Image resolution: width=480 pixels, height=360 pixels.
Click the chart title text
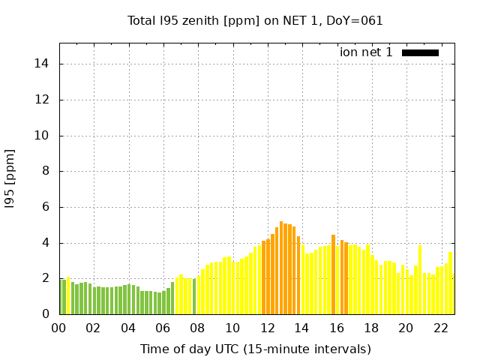point(255,20)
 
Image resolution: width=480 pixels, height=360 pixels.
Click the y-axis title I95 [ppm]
point(10,178)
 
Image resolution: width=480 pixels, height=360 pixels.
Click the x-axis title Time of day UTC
point(256,349)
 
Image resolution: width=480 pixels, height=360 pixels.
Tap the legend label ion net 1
point(366,52)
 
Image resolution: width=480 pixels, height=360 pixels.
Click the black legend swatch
point(420,52)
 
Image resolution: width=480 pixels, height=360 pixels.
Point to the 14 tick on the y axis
point(43,64)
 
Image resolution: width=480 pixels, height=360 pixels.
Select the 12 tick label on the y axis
point(43,100)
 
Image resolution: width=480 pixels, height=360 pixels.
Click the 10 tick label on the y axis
point(43,136)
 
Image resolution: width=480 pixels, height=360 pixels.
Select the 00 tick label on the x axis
point(59,328)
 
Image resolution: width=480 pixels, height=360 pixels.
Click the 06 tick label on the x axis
point(163,328)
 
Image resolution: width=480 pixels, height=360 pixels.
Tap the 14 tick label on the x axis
point(301,328)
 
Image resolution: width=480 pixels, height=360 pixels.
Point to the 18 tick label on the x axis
point(371,328)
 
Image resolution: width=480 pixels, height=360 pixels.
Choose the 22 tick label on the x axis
point(440,328)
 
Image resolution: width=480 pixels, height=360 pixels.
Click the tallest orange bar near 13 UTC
point(281,268)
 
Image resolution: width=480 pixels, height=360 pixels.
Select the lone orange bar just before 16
point(333,274)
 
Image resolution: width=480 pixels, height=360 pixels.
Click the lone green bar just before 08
point(194,296)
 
